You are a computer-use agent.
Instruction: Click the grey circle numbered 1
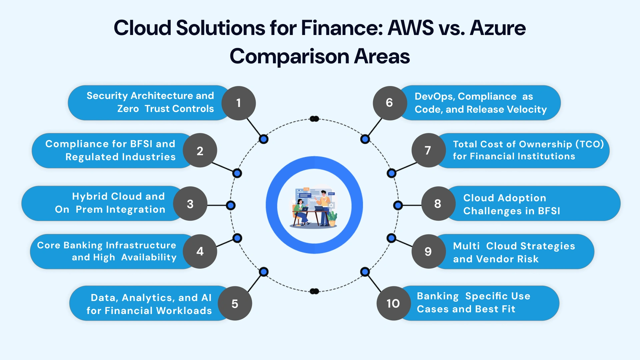click(x=239, y=103)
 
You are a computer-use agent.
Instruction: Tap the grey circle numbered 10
click(x=393, y=303)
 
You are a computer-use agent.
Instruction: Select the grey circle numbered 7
click(x=428, y=150)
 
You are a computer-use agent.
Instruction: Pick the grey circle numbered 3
click(x=190, y=204)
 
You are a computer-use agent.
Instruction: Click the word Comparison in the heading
click(x=289, y=56)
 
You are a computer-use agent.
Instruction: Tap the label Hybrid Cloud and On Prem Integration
click(x=110, y=203)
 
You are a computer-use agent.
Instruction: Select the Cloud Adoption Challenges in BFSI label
click(x=512, y=204)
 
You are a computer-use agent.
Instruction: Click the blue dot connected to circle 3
click(x=231, y=205)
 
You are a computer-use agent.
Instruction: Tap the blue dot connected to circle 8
click(x=398, y=205)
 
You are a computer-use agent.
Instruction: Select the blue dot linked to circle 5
click(x=264, y=272)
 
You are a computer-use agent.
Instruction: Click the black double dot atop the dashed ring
click(x=314, y=119)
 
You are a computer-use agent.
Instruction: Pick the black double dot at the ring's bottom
click(x=314, y=291)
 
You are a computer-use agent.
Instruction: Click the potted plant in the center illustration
click(x=332, y=219)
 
